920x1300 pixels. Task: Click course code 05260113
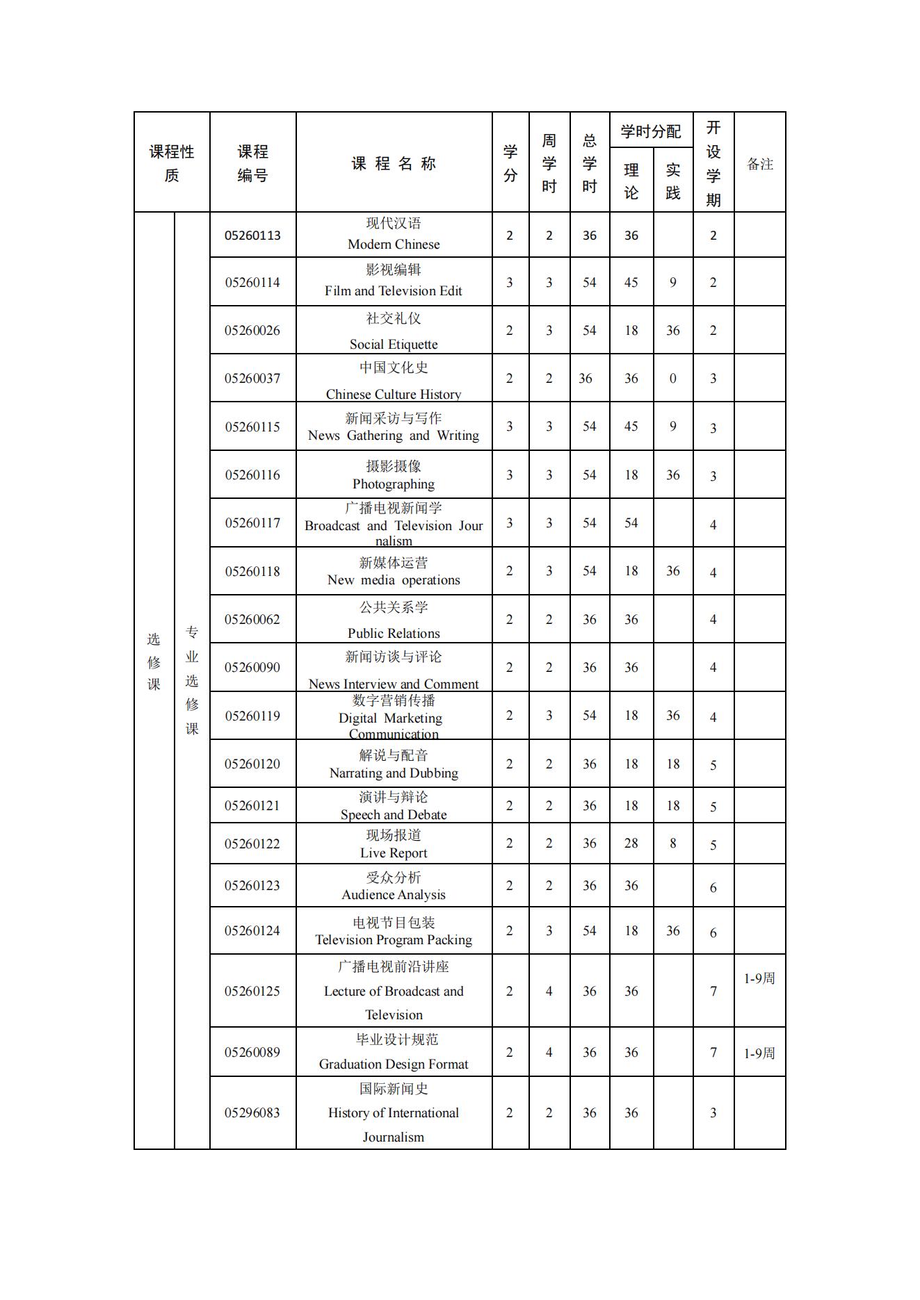pyautogui.click(x=252, y=236)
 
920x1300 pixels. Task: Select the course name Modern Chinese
pyautogui.click(x=394, y=244)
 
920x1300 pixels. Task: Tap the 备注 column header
pyautogui.click(x=759, y=164)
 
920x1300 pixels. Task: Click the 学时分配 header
pyautogui.click(x=651, y=131)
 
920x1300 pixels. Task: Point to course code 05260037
pyautogui.click(x=252, y=379)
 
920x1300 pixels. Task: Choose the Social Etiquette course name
pyautogui.click(x=394, y=344)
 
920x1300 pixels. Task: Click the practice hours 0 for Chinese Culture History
pyautogui.click(x=672, y=379)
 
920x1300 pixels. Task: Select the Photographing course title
pyautogui.click(x=394, y=484)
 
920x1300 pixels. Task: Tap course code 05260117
pyautogui.click(x=252, y=523)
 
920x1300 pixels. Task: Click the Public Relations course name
pyautogui.click(x=394, y=633)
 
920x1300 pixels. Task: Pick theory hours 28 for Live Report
pyautogui.click(x=631, y=844)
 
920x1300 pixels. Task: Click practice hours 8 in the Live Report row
pyautogui.click(x=672, y=844)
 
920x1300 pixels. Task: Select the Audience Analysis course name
pyautogui.click(x=394, y=895)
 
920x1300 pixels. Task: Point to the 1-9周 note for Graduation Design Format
pyautogui.click(x=759, y=1053)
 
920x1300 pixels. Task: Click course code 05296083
pyautogui.click(x=252, y=1113)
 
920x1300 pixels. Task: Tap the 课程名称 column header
pyautogui.click(x=394, y=164)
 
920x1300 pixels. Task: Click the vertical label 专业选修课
pyautogui.click(x=192, y=680)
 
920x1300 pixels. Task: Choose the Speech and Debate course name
pyautogui.click(x=394, y=814)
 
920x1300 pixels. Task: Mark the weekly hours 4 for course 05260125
pyautogui.click(x=549, y=992)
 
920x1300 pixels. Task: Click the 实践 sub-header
pyautogui.click(x=672, y=181)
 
